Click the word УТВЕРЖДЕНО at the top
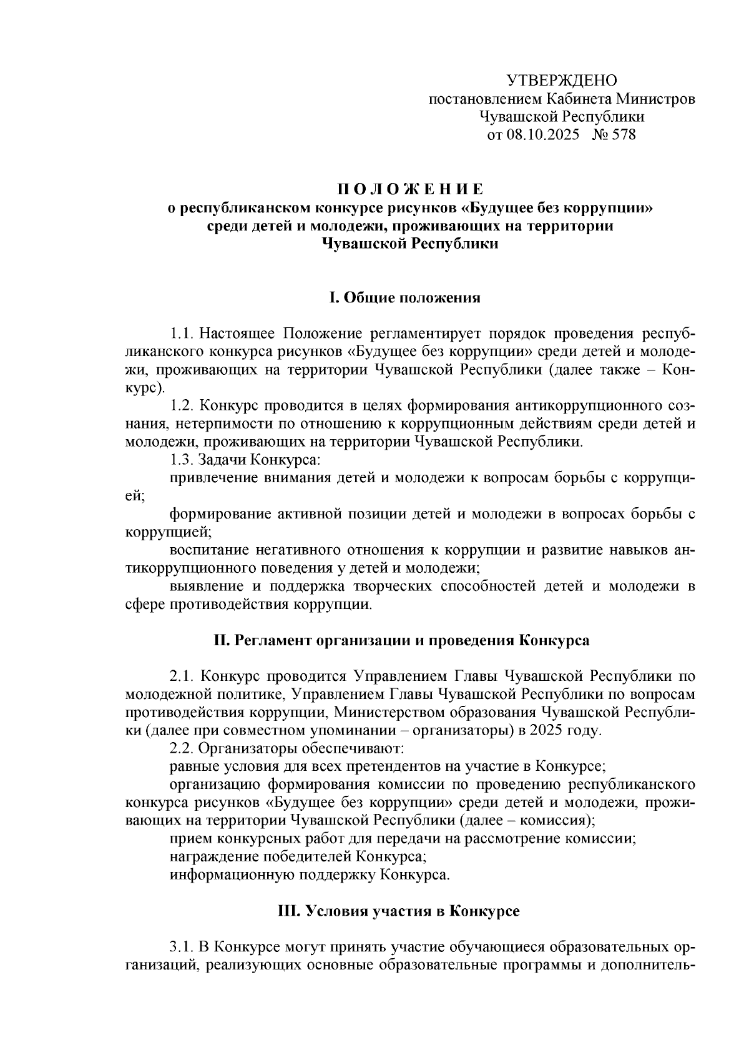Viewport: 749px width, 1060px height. pyautogui.click(x=561, y=81)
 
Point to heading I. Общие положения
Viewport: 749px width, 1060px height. pyautogui.click(x=405, y=297)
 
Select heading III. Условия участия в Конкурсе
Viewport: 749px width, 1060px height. pyautogui.click(x=398, y=911)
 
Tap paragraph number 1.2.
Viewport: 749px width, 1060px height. pyautogui.click(x=183, y=405)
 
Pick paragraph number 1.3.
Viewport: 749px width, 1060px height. pyautogui.click(x=183, y=460)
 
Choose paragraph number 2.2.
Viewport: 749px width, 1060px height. pyautogui.click(x=183, y=748)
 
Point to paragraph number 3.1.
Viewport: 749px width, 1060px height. pyautogui.click(x=183, y=946)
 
